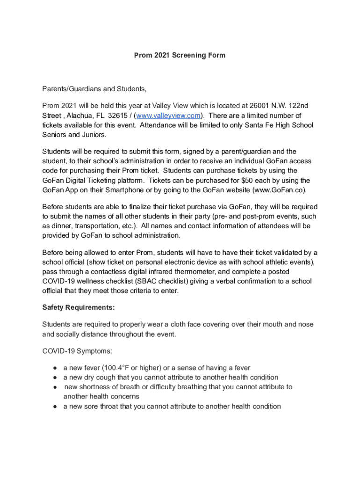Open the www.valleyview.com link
click(168, 116)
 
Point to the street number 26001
click(259, 106)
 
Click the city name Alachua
click(81, 116)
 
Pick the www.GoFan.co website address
click(280, 190)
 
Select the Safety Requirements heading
click(78, 307)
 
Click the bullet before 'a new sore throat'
click(55, 406)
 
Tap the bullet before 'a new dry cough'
click(55, 377)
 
